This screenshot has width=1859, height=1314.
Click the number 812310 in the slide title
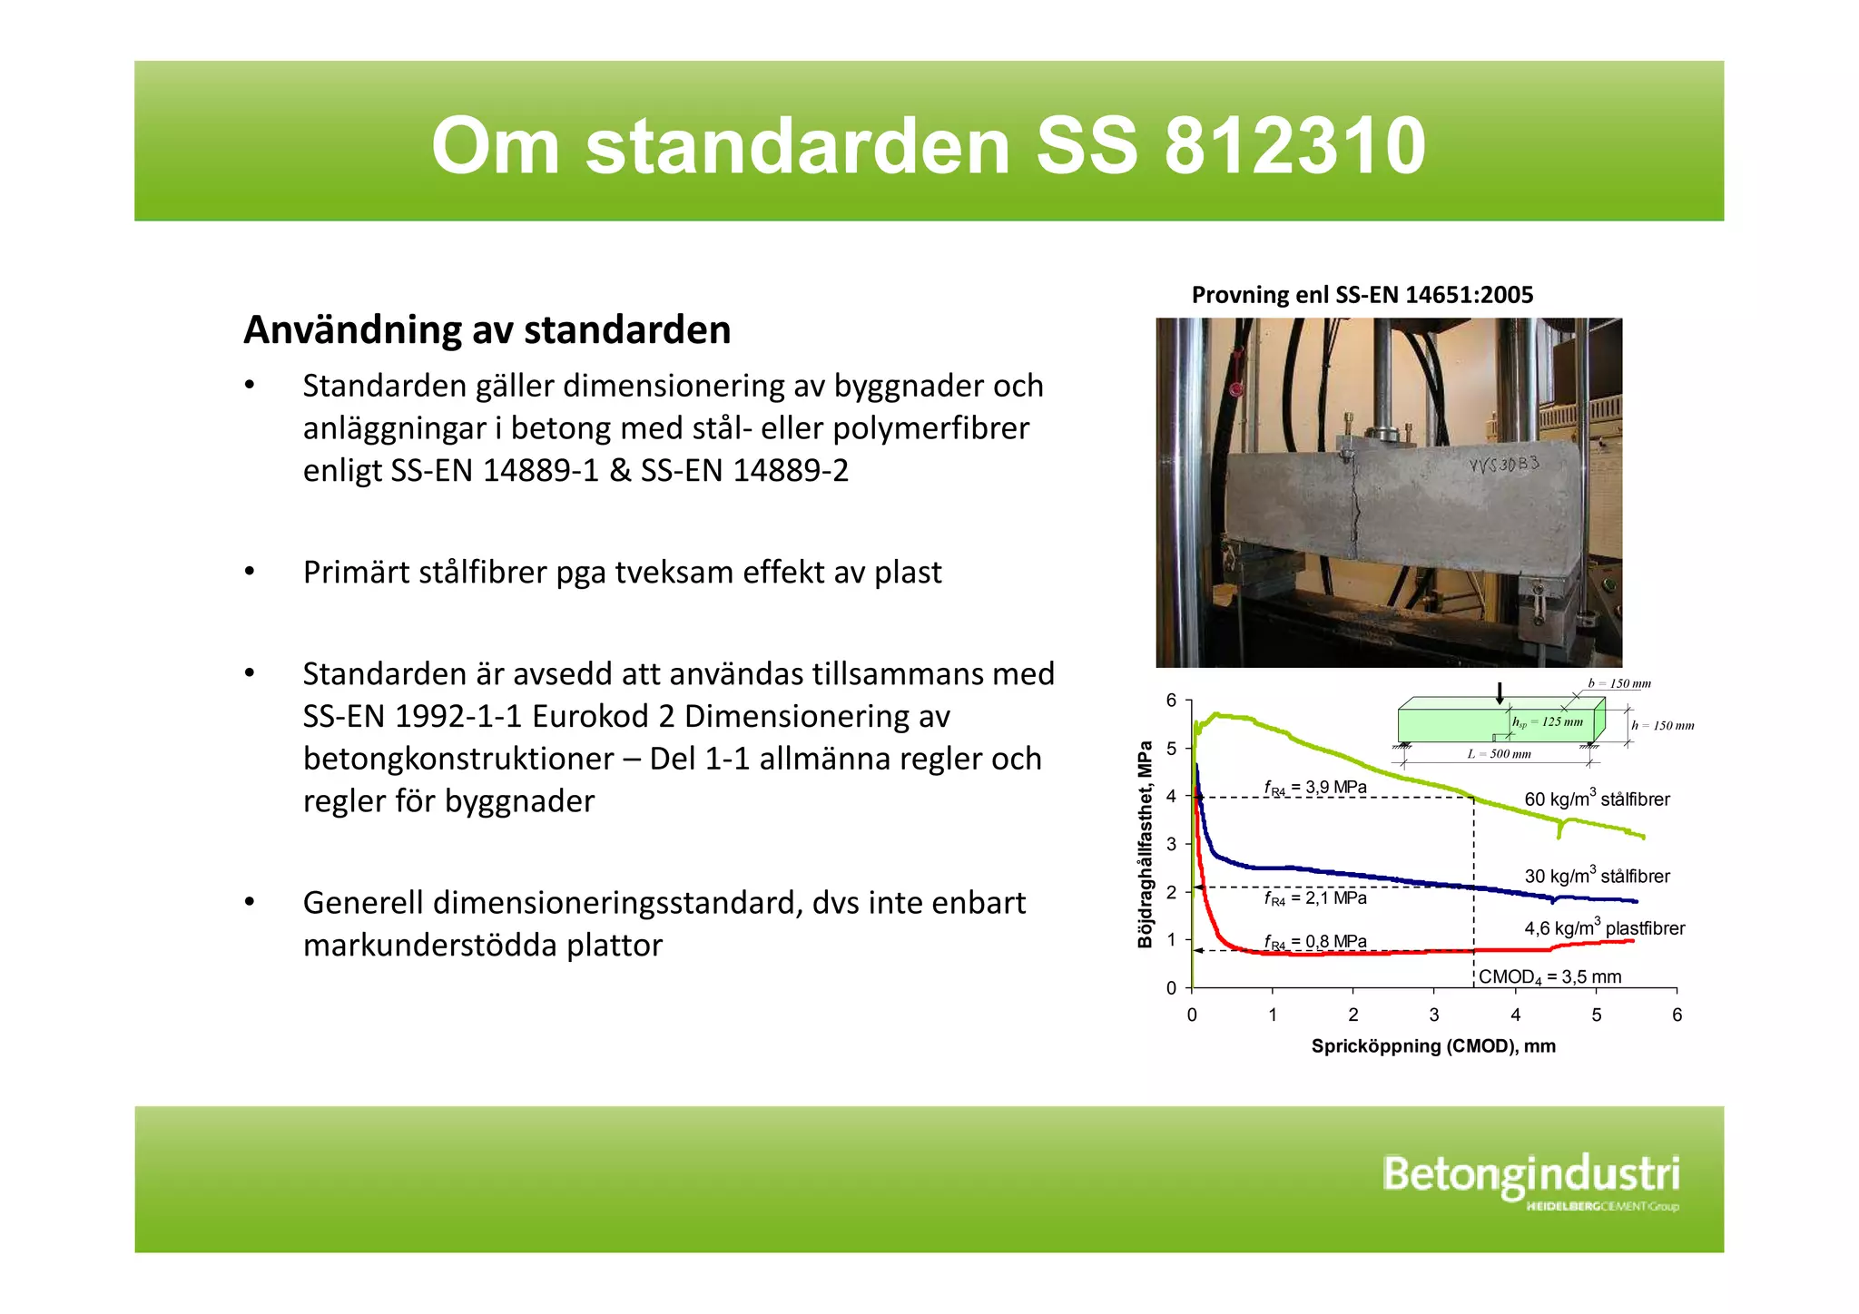click(1294, 147)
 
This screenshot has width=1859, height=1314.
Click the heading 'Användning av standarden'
click(487, 330)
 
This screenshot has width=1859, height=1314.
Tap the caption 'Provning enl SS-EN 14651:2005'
click(1362, 295)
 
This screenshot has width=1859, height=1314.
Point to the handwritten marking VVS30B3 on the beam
click(1504, 466)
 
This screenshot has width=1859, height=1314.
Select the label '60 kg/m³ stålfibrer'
click(1597, 799)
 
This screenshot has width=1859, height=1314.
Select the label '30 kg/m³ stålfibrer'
click(1597, 876)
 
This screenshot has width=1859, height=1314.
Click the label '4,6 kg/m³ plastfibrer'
click(1604, 928)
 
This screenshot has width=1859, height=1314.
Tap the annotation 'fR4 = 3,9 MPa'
click(1315, 788)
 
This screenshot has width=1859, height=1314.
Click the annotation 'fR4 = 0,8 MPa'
click(1315, 942)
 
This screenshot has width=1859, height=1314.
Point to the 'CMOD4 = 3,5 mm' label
click(1549, 977)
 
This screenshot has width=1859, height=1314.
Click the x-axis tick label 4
click(1515, 1015)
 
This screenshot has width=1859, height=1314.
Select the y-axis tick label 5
click(1171, 749)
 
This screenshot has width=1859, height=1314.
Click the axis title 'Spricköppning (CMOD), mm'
click(1433, 1046)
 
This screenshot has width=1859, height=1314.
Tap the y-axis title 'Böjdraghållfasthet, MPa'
click(1146, 844)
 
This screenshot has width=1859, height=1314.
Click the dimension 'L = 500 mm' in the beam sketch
click(1499, 754)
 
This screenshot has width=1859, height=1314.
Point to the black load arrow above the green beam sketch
click(1500, 693)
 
